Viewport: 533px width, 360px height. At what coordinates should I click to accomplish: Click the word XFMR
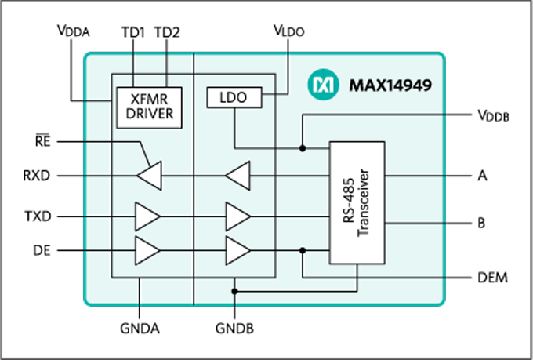coord(149,100)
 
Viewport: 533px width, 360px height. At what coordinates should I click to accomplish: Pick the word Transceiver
coord(364,203)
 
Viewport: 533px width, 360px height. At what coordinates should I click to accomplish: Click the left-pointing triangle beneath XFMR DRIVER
coord(150,176)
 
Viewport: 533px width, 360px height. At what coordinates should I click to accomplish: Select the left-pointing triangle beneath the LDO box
coord(238,176)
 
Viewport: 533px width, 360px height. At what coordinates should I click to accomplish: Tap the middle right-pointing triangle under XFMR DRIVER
coord(147,216)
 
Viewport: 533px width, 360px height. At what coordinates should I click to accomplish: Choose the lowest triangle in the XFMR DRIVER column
coord(147,250)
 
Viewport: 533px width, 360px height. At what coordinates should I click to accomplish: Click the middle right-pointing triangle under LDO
coord(237,216)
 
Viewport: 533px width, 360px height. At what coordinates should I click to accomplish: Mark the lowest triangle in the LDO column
coord(237,250)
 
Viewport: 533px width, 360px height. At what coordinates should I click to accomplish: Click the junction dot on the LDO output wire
coord(303,147)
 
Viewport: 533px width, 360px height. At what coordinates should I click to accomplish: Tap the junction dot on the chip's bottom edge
coord(234,291)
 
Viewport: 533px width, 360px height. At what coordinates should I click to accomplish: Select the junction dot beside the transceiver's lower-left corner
coord(303,250)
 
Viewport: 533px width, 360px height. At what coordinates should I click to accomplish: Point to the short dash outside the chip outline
coord(42,134)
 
